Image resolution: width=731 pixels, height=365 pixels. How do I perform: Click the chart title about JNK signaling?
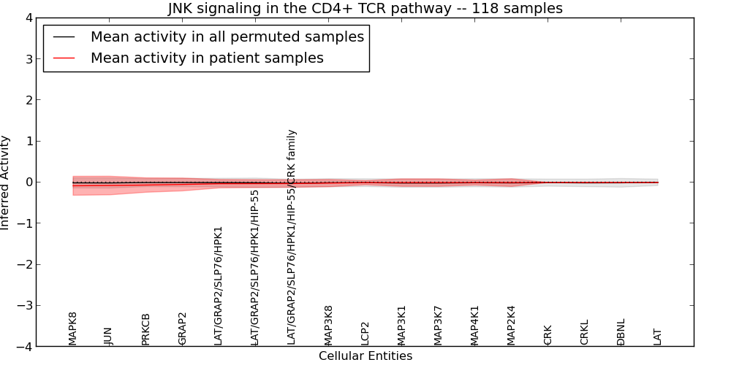point(365,9)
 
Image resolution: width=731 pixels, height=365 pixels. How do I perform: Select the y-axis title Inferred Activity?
point(6,182)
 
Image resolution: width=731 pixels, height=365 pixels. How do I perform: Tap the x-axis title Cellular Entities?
point(365,356)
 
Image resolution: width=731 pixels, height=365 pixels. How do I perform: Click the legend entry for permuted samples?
point(227,37)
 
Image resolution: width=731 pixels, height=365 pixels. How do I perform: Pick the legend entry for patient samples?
point(207,58)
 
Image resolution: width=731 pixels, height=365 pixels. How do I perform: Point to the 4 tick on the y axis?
point(29,18)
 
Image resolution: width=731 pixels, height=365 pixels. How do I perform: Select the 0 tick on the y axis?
point(29,182)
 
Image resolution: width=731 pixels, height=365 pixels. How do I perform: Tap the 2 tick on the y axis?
point(29,100)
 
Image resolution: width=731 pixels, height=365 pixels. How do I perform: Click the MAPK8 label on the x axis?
point(73,328)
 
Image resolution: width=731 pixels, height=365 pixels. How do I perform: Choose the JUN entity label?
point(109,336)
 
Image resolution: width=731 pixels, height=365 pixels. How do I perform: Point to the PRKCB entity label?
point(145,329)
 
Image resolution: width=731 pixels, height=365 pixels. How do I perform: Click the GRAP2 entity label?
point(182,328)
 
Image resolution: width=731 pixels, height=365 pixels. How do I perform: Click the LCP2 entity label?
point(365,333)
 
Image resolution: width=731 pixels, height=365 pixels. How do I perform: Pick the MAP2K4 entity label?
point(511,325)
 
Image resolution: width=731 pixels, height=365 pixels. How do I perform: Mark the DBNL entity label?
point(621,332)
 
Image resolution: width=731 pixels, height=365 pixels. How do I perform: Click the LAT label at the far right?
point(657,337)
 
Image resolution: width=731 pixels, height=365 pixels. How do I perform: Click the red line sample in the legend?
point(64,58)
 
